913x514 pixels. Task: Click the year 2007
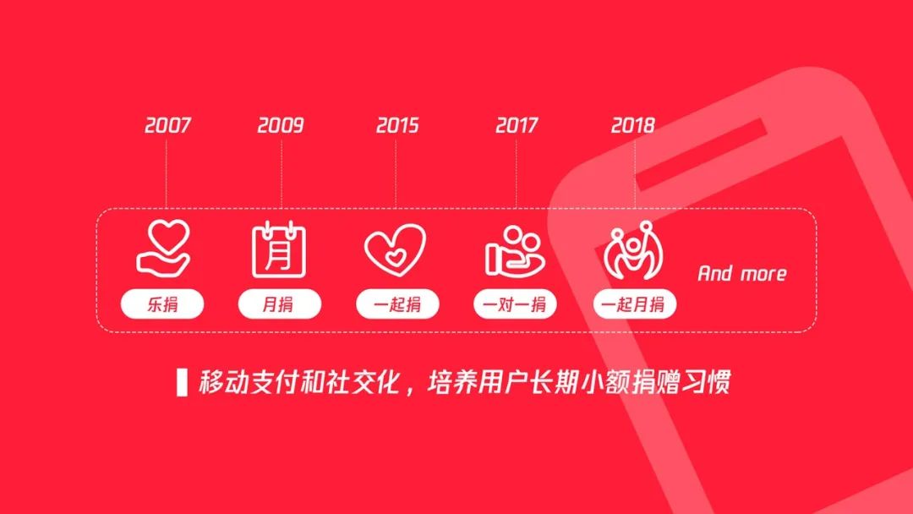[x=167, y=125]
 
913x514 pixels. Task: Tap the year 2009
[x=281, y=125]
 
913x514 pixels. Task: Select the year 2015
[x=397, y=125]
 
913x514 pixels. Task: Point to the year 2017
[x=516, y=125]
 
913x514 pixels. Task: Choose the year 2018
[x=633, y=125]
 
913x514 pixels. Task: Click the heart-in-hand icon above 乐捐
[x=164, y=247]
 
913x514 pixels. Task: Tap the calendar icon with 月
[x=279, y=249]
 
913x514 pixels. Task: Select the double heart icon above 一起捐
[x=396, y=249]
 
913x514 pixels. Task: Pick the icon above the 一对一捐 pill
[x=515, y=251]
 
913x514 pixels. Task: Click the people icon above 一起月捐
[x=633, y=249]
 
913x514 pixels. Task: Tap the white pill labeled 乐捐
[x=162, y=303]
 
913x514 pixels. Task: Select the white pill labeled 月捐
[x=280, y=303]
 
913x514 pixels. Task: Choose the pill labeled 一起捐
[x=397, y=303]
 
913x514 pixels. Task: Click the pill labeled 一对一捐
[x=516, y=303]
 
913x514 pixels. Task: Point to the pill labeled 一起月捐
[x=635, y=303]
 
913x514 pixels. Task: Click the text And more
[x=742, y=273]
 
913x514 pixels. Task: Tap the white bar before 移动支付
[x=183, y=382]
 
